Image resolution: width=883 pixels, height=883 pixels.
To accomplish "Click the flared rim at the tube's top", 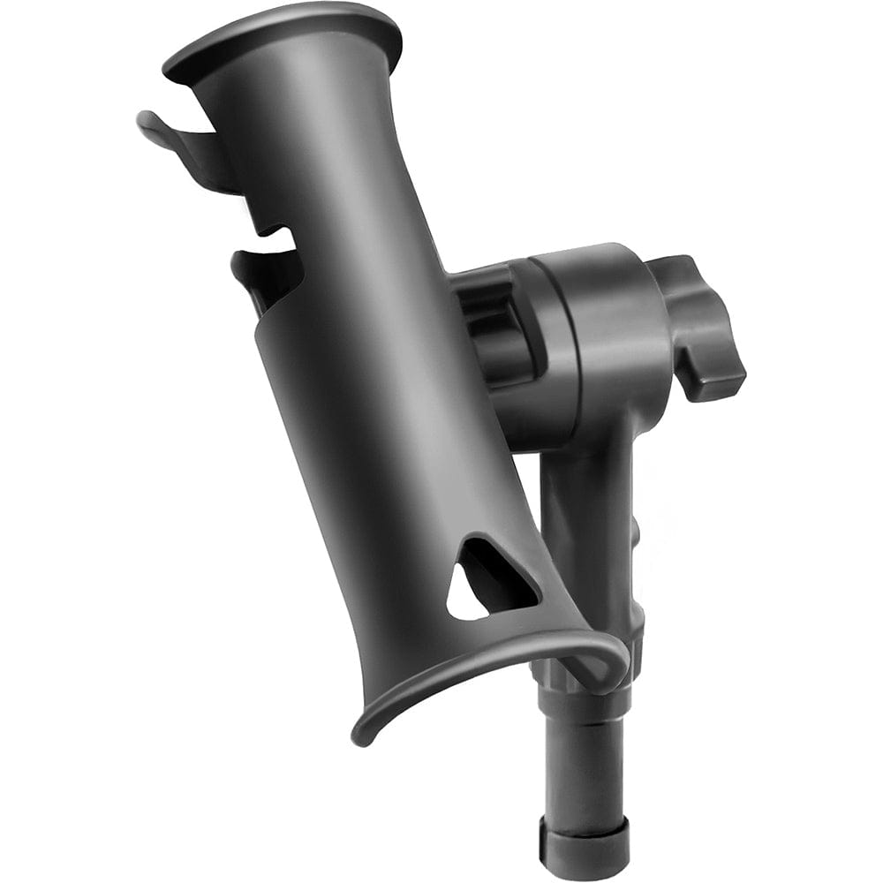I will [283, 35].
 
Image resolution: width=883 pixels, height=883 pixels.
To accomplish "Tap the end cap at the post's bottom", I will [585, 848].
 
